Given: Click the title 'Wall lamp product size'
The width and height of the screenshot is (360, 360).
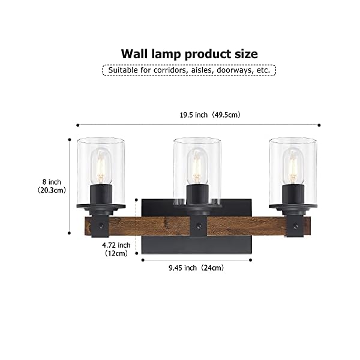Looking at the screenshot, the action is tap(189, 53).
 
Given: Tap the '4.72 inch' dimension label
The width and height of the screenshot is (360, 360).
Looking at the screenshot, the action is tap(116, 245).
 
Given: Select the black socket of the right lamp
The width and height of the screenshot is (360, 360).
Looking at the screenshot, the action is tap(293, 195).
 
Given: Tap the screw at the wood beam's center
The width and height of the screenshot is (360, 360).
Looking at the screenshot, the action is tap(198, 226).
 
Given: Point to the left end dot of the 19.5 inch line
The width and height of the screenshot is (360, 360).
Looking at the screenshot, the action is tap(77, 125).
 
